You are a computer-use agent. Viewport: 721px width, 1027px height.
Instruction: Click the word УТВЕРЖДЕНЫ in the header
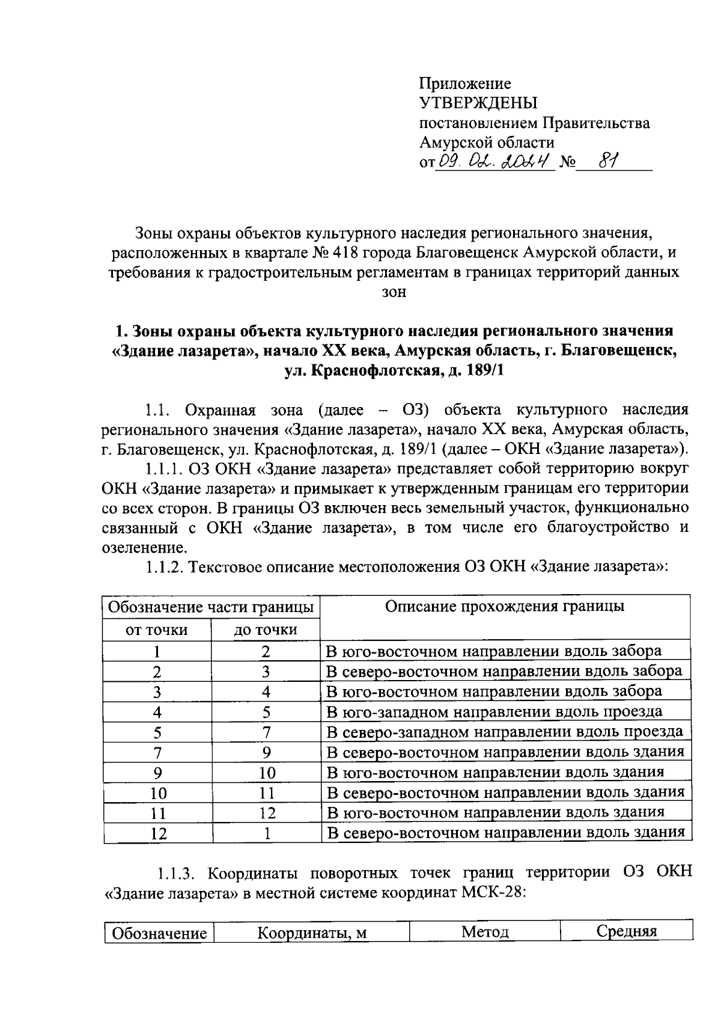point(478,103)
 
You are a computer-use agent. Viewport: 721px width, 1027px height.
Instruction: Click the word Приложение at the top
point(464,84)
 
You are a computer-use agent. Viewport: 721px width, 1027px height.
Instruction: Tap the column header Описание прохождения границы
point(504,606)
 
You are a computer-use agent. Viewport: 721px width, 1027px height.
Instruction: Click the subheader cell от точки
point(156,630)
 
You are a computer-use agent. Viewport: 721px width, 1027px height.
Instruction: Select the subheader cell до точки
point(266,630)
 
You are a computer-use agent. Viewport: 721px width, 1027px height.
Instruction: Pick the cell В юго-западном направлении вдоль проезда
point(494,712)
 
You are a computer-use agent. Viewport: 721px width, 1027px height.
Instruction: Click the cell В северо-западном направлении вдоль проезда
point(504,732)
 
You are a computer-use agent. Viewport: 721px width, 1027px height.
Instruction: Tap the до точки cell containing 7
point(266,732)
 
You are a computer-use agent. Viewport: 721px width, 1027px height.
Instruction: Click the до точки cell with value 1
point(266,833)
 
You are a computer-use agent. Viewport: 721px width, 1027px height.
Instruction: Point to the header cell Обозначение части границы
point(211,607)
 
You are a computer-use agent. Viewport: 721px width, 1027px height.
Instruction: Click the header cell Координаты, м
point(312,933)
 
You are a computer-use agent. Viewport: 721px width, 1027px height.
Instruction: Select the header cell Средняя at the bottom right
point(626,932)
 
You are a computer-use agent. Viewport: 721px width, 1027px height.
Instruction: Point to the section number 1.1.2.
point(165,568)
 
